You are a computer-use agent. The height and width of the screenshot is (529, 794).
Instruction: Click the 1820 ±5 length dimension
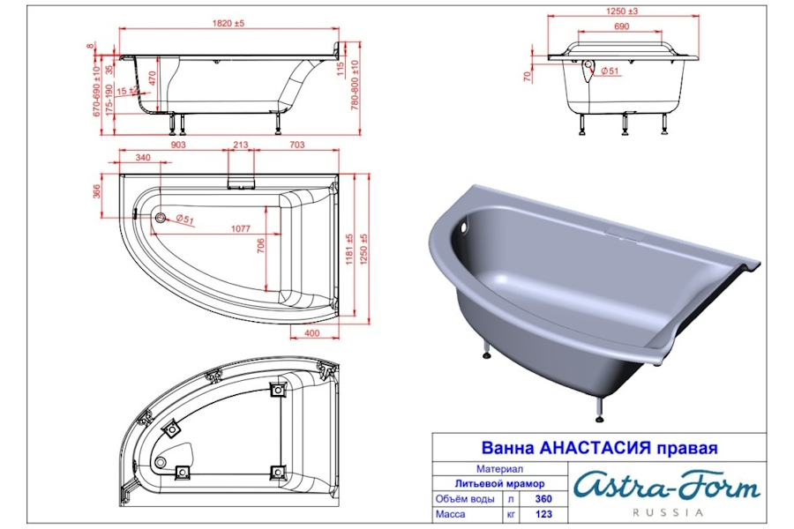[228, 23]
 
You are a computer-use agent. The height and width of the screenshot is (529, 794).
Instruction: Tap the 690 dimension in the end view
[621, 26]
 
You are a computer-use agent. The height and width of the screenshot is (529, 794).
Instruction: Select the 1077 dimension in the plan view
[241, 228]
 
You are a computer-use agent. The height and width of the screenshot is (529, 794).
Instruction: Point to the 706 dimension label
[261, 246]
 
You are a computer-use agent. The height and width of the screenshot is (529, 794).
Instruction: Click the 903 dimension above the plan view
[177, 145]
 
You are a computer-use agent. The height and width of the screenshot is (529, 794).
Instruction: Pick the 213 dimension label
[241, 145]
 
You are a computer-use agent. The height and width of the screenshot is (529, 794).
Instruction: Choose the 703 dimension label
[296, 145]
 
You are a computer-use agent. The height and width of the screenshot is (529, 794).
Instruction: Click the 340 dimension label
[143, 158]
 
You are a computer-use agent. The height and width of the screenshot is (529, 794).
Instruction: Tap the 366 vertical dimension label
[97, 190]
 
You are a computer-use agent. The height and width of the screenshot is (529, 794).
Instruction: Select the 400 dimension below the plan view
[312, 333]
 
